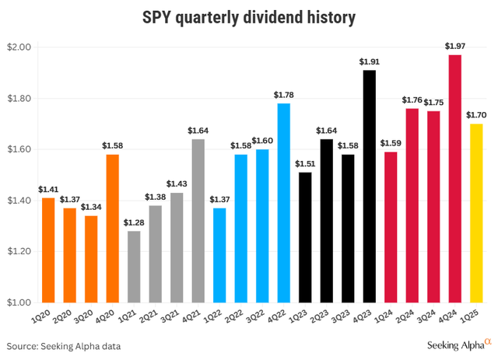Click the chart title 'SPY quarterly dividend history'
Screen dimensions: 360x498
coord(248,16)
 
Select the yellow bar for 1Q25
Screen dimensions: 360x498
coord(475,213)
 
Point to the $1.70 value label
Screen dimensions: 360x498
coord(475,116)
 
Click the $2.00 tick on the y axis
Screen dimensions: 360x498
coord(17,47)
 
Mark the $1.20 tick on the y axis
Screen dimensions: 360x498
coord(17,252)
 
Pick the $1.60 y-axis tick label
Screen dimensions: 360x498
coord(17,149)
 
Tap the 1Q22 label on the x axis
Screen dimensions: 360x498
coord(220,317)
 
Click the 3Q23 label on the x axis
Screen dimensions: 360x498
coord(347,317)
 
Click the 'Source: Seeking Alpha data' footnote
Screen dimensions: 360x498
coord(64,345)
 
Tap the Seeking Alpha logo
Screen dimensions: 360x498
coord(460,344)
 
